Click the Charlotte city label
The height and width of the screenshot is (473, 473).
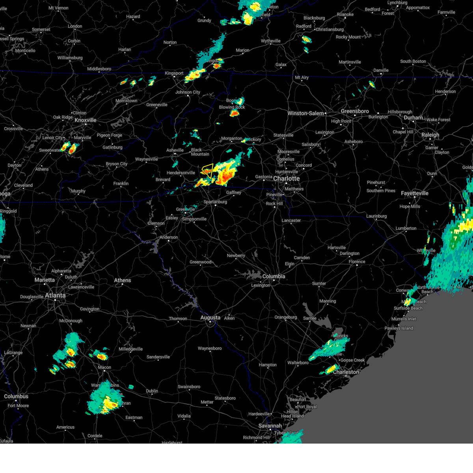(287, 179)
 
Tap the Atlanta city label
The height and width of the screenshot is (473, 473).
(55, 295)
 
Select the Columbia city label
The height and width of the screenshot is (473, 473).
(274, 276)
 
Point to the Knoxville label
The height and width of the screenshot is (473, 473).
(86, 120)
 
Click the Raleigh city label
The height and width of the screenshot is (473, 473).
(430, 135)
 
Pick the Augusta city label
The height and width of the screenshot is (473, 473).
(210, 317)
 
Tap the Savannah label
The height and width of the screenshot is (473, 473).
(270, 426)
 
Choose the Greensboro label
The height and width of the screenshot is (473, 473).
(355, 112)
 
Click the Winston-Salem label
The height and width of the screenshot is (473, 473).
(305, 114)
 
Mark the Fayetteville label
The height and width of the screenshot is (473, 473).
(415, 193)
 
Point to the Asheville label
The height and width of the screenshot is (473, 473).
(175, 150)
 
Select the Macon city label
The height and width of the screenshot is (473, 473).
(104, 367)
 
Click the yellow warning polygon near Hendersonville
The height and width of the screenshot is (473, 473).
(208, 170)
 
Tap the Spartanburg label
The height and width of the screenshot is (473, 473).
(215, 202)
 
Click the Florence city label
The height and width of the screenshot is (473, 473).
(357, 262)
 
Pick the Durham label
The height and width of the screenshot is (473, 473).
(413, 118)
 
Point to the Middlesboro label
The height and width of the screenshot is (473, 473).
(99, 69)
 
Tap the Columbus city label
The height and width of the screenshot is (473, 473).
(16, 396)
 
